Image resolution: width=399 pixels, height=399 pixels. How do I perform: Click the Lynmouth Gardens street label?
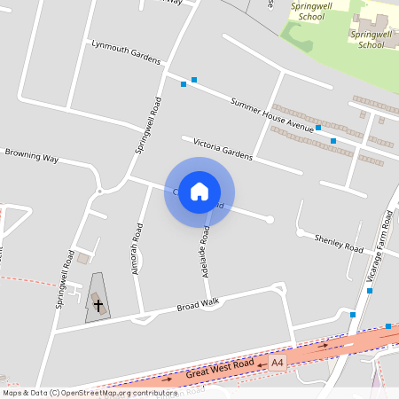pos(125,51)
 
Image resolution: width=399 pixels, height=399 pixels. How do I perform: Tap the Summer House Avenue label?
pos(272,116)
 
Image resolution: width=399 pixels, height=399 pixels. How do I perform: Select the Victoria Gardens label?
pos(216,147)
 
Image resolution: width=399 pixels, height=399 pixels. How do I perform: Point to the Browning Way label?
pos(31,157)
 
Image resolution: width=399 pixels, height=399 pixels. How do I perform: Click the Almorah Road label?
pos(137,248)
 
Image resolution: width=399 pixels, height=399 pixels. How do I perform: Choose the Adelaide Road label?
pos(205,253)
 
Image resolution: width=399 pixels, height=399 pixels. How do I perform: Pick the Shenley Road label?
pos(340,243)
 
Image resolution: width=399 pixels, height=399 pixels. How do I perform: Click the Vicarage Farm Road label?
pos(380,248)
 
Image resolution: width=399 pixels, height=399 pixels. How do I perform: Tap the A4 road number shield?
pos(278,363)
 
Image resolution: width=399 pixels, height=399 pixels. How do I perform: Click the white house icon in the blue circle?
pos(199,192)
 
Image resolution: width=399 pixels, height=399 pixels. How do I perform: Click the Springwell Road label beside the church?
pos(64,278)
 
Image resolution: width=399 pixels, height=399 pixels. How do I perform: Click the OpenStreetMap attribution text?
pos(90,393)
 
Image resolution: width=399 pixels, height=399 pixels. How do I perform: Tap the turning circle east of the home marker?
pos(270,219)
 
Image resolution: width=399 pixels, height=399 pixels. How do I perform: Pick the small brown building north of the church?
pos(83,258)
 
